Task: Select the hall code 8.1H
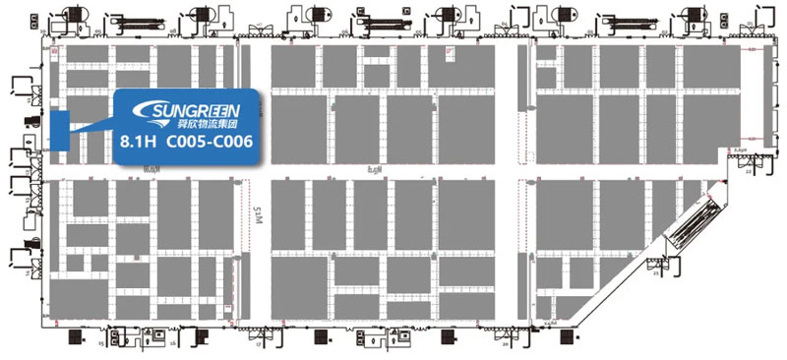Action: point(134,144)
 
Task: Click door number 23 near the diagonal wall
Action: point(655,273)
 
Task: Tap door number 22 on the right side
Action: point(748,172)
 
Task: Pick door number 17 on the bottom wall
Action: point(259,346)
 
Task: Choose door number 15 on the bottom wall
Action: point(101,345)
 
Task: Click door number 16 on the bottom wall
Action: point(173,344)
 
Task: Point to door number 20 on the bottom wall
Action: point(504,345)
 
